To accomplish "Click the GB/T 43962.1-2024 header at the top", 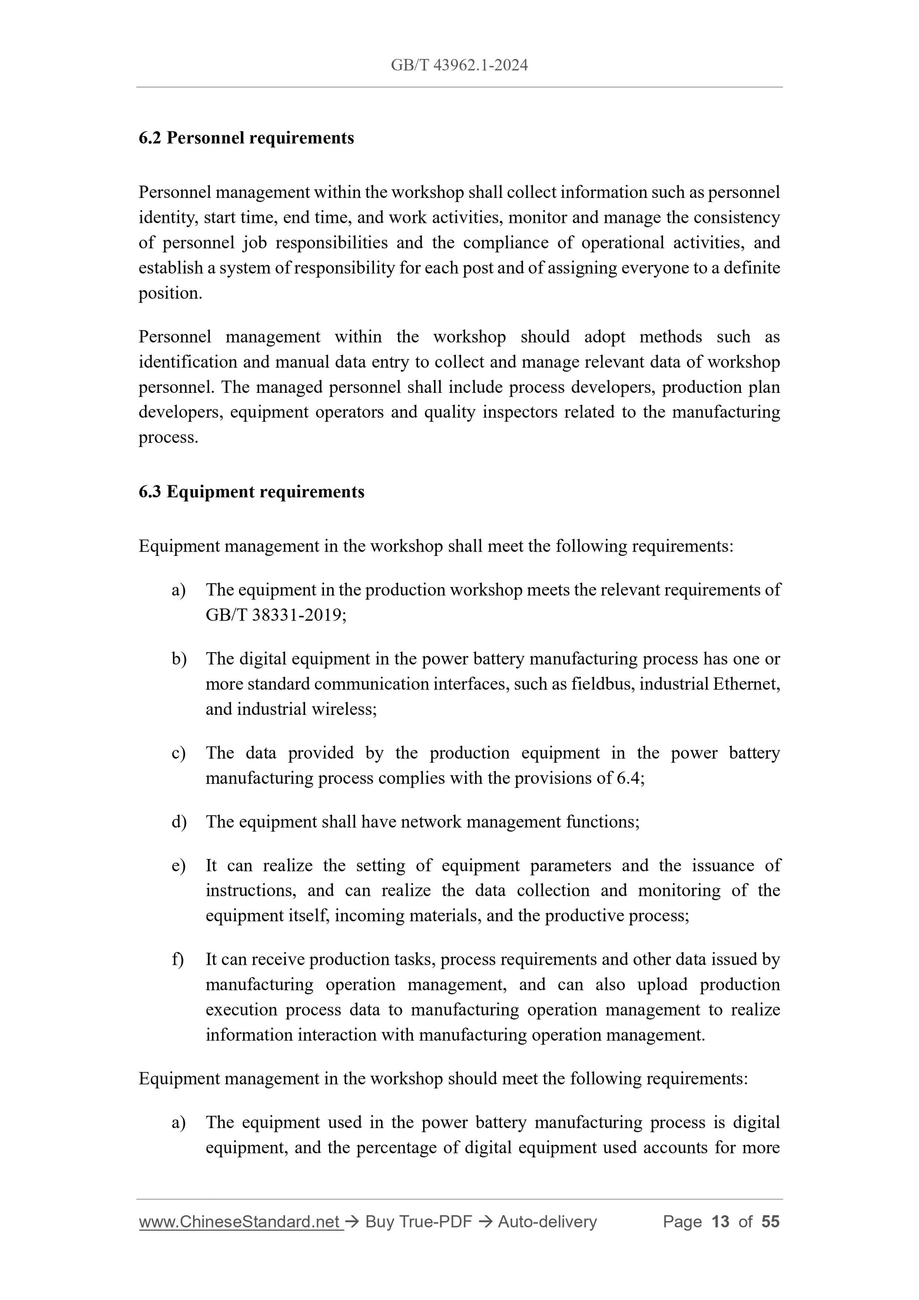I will point(459,66).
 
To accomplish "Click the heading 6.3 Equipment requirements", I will point(251,492).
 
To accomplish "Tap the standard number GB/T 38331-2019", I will point(275,615).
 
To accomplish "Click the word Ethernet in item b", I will point(745,684).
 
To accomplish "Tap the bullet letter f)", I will point(178,960).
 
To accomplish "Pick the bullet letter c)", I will point(179,753).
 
